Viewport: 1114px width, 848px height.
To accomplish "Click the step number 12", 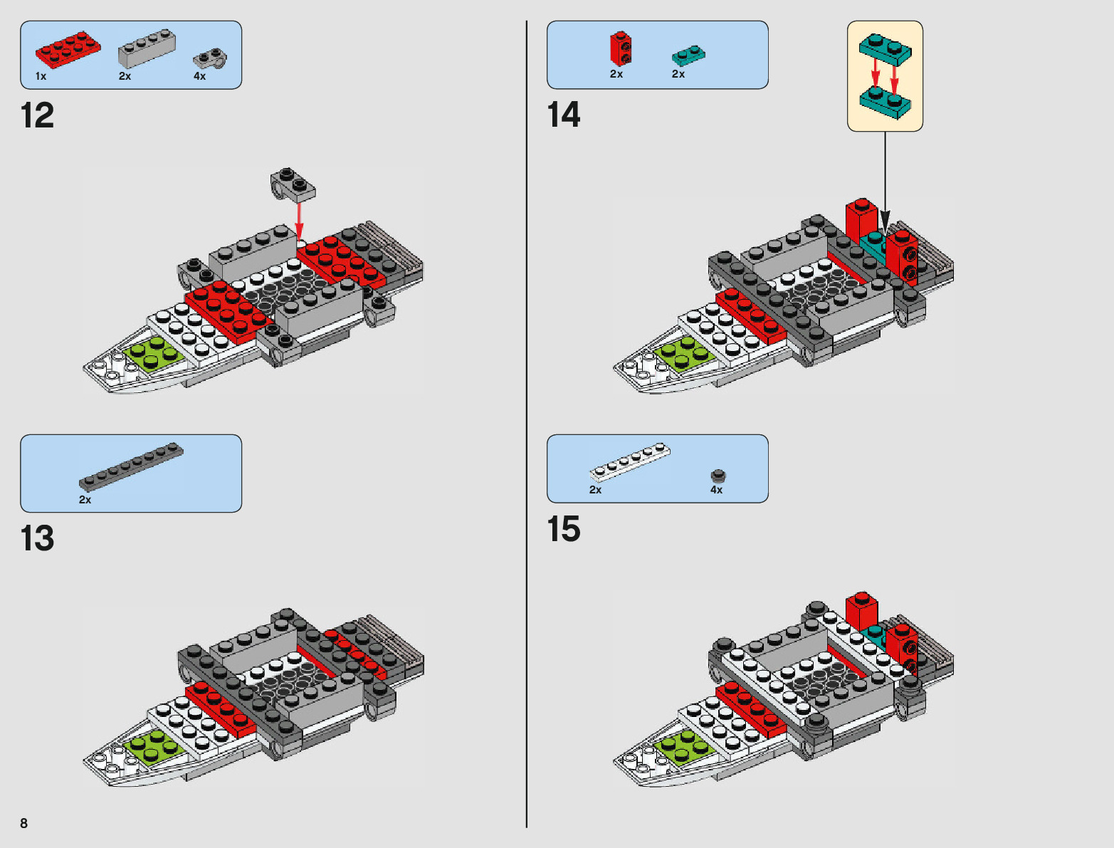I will click(37, 116).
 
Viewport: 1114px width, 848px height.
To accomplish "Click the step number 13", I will click(37, 539).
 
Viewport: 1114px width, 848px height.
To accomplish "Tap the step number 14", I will click(563, 115).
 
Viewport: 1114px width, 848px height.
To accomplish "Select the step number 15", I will click(563, 530).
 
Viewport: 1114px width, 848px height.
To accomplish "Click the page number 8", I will click(23, 823).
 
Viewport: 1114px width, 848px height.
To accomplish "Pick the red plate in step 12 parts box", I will click(67, 49).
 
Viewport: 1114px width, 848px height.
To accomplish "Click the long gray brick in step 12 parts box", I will click(146, 48).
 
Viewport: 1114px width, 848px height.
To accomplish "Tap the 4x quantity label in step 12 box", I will click(199, 76).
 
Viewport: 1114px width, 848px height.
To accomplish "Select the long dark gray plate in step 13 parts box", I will click(131, 466).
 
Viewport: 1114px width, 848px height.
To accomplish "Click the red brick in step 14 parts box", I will click(620, 49).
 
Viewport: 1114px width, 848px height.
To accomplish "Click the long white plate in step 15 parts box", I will click(630, 462).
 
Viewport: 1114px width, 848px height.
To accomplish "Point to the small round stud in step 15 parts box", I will click(718, 475).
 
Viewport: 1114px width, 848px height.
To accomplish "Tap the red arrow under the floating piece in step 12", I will click(299, 221).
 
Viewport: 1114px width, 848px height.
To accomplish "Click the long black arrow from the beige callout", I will click(885, 178).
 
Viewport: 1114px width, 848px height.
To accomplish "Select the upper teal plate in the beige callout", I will click(885, 47).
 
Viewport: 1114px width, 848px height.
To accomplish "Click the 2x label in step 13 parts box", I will click(85, 500).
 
